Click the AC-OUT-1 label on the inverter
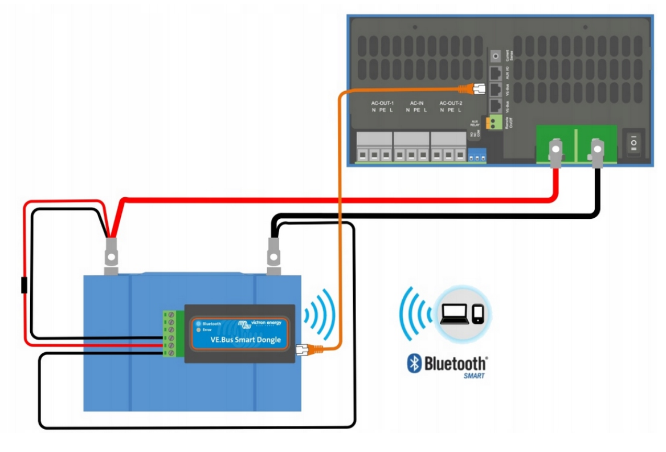(382, 103)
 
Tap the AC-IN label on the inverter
(416, 103)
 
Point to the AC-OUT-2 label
(451, 103)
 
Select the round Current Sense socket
(496, 56)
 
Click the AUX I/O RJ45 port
(496, 74)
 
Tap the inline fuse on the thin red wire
(24, 284)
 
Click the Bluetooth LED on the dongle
(198, 324)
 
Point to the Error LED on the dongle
(198, 330)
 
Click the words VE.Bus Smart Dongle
(236, 340)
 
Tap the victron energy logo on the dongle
(260, 323)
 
